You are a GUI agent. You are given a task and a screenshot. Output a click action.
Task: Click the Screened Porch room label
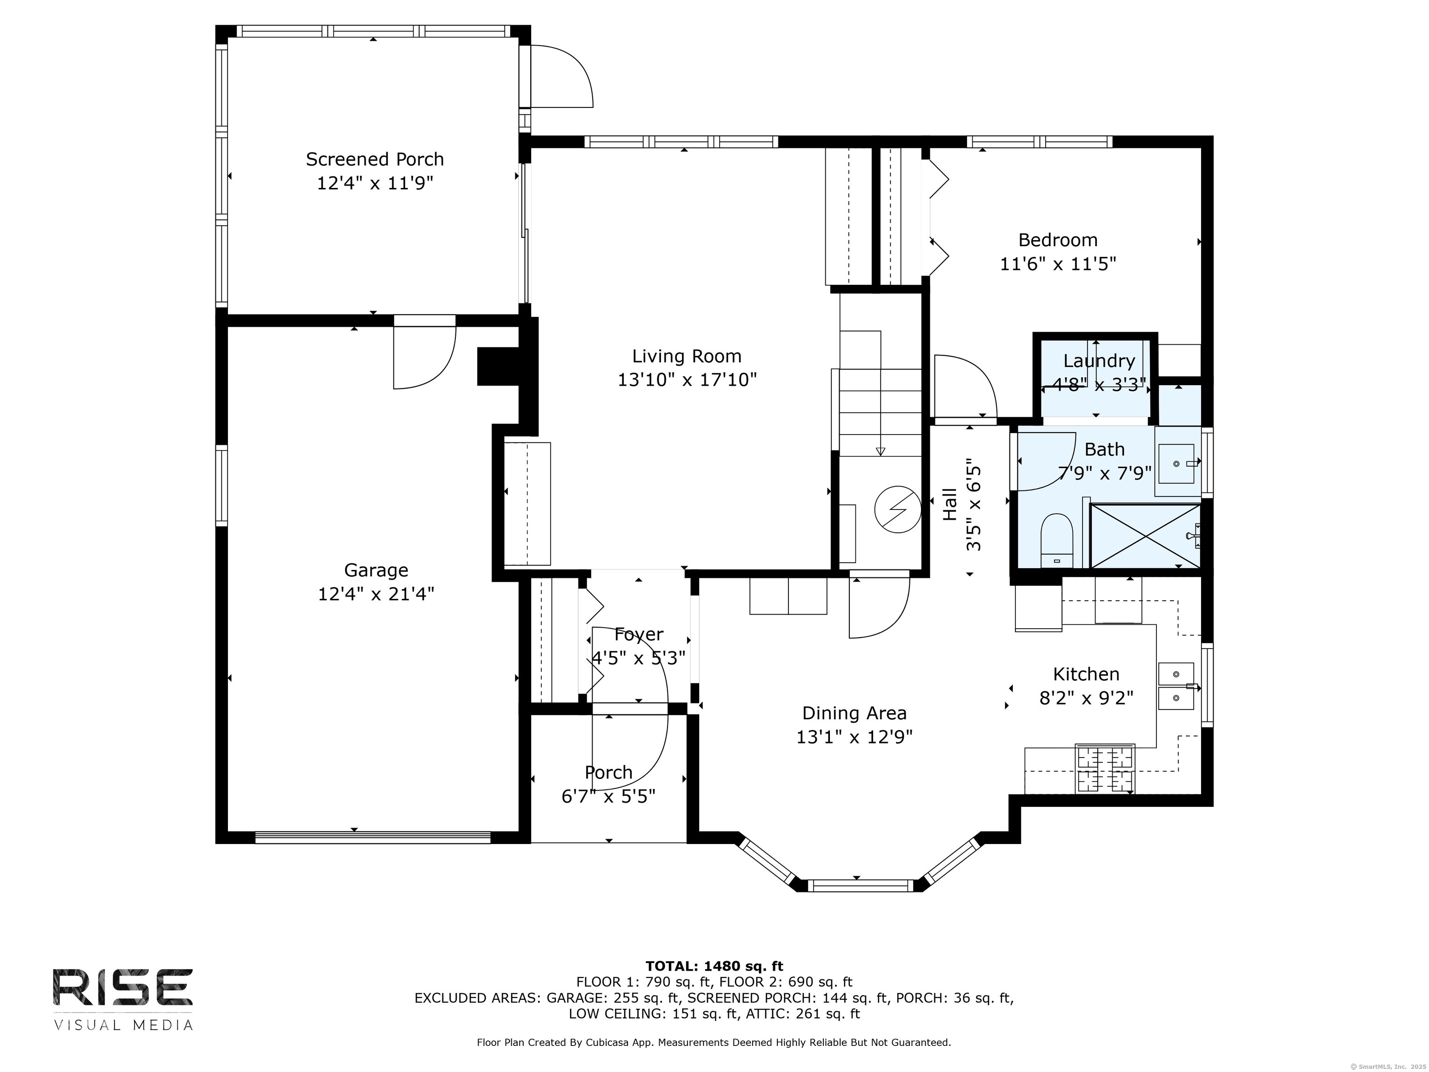(x=374, y=159)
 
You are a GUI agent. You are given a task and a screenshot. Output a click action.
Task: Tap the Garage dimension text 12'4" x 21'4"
(x=376, y=594)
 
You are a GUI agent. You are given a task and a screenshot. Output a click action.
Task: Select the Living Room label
(x=687, y=356)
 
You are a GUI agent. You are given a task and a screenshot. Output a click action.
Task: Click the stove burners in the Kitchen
(x=1105, y=769)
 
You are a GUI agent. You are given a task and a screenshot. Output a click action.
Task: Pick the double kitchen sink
(x=1176, y=686)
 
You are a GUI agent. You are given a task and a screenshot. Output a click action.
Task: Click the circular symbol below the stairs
(x=897, y=509)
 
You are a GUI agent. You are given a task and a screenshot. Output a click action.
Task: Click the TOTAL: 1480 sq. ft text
(x=714, y=966)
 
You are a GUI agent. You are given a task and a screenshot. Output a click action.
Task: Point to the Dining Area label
(x=855, y=713)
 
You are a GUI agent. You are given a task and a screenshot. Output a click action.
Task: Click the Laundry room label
(x=1099, y=361)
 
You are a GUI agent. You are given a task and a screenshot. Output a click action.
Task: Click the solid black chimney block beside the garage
(x=499, y=366)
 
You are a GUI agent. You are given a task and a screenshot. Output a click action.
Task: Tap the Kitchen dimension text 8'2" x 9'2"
(x=1087, y=698)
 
